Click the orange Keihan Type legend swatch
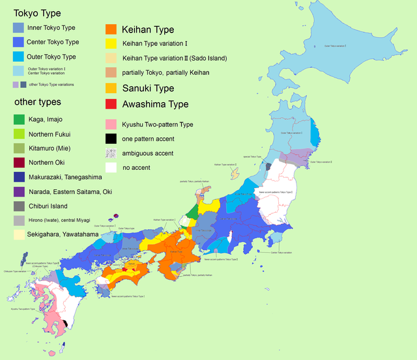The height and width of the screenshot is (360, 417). tap(111, 29)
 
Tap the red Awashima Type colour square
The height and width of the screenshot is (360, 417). tap(111, 104)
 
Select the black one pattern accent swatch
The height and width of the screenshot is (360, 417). tap(111, 138)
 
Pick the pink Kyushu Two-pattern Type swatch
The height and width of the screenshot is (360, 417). tap(111, 124)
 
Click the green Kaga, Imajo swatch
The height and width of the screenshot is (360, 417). tap(19, 119)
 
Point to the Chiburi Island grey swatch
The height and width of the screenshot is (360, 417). tap(19, 206)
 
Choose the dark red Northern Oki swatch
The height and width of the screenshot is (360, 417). tap(19, 162)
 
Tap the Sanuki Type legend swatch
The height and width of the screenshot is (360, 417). tap(111, 88)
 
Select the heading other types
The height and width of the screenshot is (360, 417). tap(38, 102)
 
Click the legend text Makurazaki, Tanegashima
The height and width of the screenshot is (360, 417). tap(65, 176)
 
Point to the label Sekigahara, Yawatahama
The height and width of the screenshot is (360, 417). tap(63, 234)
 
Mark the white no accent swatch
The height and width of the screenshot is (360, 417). tap(111, 167)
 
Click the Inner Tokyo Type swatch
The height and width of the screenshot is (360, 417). tap(19, 27)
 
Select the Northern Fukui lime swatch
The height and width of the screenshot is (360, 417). tap(19, 133)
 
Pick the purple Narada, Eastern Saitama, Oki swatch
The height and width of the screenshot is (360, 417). tap(19, 191)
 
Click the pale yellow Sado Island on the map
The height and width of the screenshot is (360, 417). tap(236, 174)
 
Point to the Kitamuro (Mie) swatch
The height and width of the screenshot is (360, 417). tap(19, 148)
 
